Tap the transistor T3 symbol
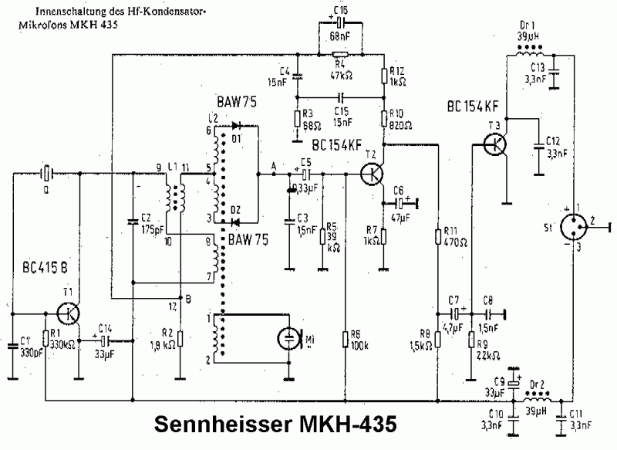tap(494, 143)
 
